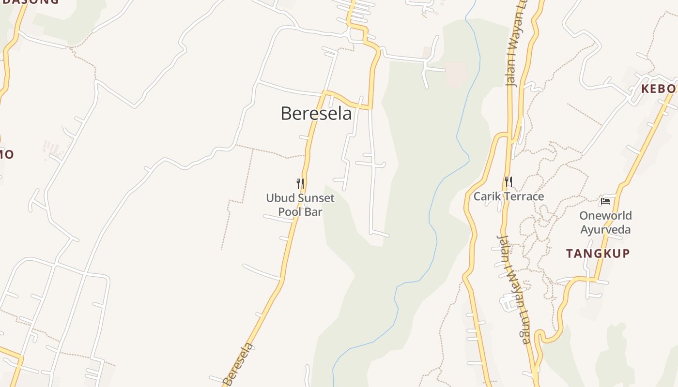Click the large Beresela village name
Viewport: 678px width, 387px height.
click(316, 114)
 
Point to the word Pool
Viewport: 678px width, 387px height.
click(289, 212)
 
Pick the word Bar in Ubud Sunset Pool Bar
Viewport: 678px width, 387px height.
click(314, 212)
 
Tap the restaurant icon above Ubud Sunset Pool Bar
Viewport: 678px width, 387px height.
click(300, 184)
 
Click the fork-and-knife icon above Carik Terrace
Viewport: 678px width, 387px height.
click(508, 182)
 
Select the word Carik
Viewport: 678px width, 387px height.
click(488, 196)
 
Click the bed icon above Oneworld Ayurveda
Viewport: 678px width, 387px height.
click(605, 201)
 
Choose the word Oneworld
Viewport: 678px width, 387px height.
click(605, 215)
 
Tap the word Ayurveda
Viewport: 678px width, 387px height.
click(605, 229)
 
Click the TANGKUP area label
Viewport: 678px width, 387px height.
click(598, 253)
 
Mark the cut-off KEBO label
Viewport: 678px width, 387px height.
click(659, 89)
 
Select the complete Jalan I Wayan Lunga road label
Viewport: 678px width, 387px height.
click(513, 289)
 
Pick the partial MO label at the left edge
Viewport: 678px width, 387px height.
click(6, 155)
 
